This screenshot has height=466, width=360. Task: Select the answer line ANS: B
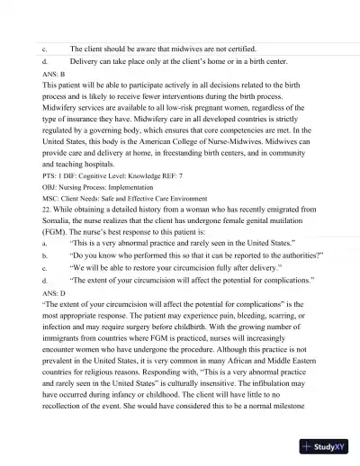pyautogui.click(x=54, y=73)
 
